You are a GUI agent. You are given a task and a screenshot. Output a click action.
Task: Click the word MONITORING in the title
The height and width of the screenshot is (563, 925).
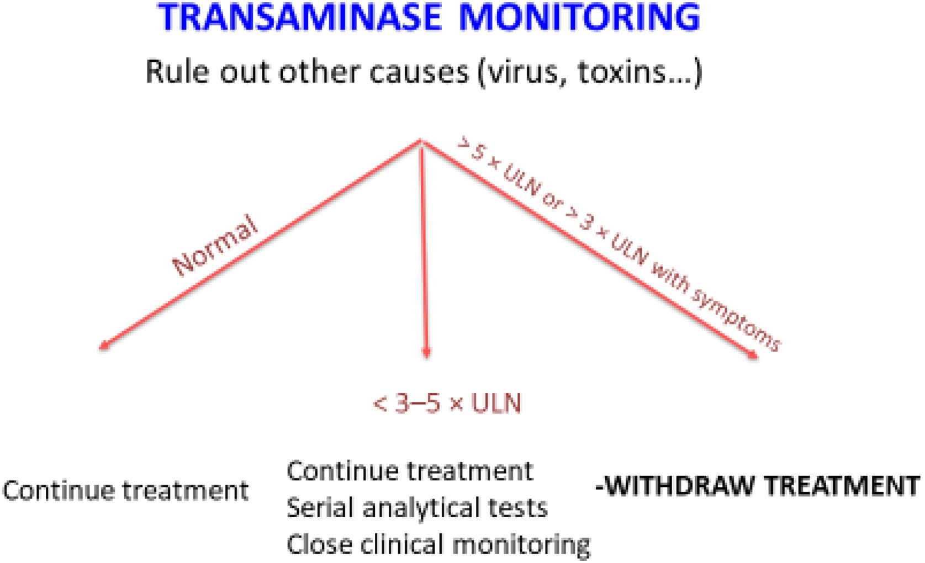click(x=579, y=18)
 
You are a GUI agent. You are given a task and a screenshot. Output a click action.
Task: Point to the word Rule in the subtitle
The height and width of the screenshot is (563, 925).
click(x=178, y=72)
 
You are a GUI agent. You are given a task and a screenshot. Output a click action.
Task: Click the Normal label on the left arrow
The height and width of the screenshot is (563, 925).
click(x=215, y=246)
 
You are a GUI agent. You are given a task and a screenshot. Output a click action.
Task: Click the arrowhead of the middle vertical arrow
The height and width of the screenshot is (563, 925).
click(x=426, y=353)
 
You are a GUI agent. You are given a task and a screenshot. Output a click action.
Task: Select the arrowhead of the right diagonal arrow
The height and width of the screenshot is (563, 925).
click(x=754, y=356)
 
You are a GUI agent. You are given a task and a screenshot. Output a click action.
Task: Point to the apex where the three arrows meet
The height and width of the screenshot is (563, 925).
click(x=421, y=142)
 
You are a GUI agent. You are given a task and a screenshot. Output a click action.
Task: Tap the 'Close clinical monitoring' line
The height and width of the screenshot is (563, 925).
click(x=438, y=544)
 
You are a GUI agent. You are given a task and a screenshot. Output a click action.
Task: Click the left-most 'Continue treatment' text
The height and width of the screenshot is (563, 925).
click(x=126, y=490)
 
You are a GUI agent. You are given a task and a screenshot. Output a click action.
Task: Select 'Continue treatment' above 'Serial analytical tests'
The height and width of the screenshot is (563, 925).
click(x=410, y=471)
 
